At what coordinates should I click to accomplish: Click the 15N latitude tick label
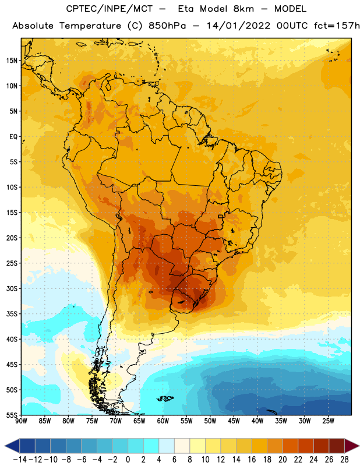(12, 61)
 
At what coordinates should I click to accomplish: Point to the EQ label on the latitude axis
(13, 137)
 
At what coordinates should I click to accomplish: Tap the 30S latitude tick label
(12, 288)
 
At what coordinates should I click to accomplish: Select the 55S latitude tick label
(12, 415)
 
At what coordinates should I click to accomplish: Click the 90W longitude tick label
(21, 421)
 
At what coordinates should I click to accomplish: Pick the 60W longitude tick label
(163, 421)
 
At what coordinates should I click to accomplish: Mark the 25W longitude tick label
(328, 421)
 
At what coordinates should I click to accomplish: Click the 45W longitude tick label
(234, 421)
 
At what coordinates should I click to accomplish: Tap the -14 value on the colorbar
(20, 460)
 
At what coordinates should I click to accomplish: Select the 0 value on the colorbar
(128, 460)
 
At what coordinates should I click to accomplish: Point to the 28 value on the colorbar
(344, 460)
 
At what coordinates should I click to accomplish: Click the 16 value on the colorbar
(252, 460)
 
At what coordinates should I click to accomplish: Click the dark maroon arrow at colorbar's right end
(352, 446)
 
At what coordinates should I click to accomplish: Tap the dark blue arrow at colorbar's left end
(12, 446)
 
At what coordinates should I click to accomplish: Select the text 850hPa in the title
(167, 26)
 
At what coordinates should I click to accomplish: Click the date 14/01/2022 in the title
(238, 26)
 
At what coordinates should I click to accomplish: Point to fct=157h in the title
(337, 26)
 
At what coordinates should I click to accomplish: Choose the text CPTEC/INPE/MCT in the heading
(109, 9)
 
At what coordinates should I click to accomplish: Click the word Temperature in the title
(90, 26)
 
